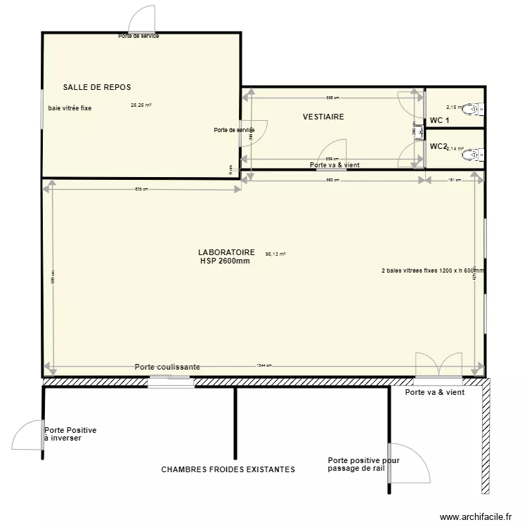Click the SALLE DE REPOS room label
point(97,87)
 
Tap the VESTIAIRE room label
point(323,117)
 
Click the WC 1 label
point(439,121)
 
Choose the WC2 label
point(438,146)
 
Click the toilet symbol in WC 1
point(477,109)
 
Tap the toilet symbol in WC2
point(477,153)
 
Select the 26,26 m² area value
point(141,105)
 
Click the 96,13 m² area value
point(275,254)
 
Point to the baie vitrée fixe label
point(70,108)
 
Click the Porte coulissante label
point(167,367)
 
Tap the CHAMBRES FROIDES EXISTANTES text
point(228,469)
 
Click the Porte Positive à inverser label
point(70,434)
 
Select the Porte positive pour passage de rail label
point(363,464)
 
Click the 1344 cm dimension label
point(264,365)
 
